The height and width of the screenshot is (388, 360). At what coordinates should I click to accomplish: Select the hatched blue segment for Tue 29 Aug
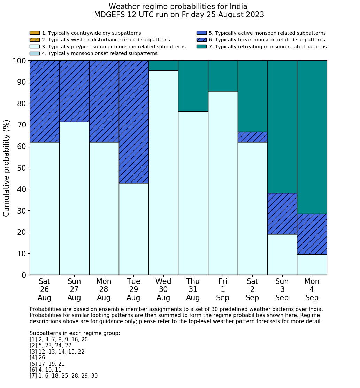click(x=134, y=122)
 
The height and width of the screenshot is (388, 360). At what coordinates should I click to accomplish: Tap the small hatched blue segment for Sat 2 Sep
click(x=252, y=137)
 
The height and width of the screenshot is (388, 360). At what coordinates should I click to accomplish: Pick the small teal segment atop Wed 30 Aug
click(x=163, y=65)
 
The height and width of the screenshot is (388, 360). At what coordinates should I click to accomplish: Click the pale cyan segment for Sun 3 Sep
click(x=282, y=255)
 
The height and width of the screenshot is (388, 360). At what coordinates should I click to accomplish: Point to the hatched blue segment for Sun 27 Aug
click(x=74, y=91)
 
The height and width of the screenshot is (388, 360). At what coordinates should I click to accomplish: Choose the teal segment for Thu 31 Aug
click(x=193, y=86)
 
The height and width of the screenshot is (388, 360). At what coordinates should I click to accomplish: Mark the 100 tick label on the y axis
click(x=20, y=61)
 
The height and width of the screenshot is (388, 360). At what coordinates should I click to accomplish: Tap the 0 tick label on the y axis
click(x=24, y=275)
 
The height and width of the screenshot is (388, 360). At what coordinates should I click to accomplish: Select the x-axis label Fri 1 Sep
click(x=223, y=289)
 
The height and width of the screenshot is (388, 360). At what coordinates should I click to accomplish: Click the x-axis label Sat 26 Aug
click(x=45, y=289)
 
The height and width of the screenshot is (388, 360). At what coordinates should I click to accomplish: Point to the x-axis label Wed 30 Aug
click(x=163, y=289)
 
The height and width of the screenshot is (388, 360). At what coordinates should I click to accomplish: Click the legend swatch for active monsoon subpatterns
click(x=201, y=33)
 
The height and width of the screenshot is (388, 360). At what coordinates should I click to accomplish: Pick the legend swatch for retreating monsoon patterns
click(x=201, y=47)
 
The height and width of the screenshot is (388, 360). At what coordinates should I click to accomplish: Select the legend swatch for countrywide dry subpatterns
click(x=35, y=33)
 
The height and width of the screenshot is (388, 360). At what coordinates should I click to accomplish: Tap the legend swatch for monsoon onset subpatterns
click(x=35, y=53)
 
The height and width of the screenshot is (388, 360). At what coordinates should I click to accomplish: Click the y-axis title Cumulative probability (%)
click(x=7, y=168)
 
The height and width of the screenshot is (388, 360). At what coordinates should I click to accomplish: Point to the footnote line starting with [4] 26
click(x=37, y=358)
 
